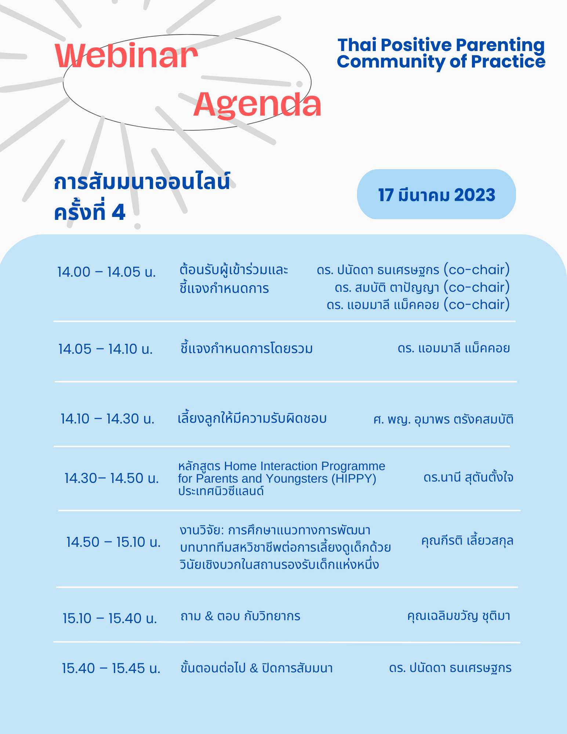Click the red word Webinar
coord(127,56)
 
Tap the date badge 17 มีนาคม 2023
coord(436,195)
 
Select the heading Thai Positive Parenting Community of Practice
coord(441,53)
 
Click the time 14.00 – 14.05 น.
coord(106,272)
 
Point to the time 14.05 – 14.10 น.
coord(105,349)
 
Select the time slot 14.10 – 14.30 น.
coord(108,419)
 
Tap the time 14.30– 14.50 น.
coord(112,478)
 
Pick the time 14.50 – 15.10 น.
coord(113,542)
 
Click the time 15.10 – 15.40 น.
coord(110,618)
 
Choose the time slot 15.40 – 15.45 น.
coord(111,668)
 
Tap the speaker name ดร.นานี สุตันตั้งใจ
coord(468,478)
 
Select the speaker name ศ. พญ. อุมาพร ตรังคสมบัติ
coord(443,419)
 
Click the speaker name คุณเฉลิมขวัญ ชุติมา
coord(459,615)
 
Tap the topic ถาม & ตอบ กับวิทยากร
coord(240,616)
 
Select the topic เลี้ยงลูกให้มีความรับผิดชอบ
coord(252,418)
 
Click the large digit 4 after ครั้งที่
coord(119,212)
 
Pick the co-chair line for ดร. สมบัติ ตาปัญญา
coord(422,287)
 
